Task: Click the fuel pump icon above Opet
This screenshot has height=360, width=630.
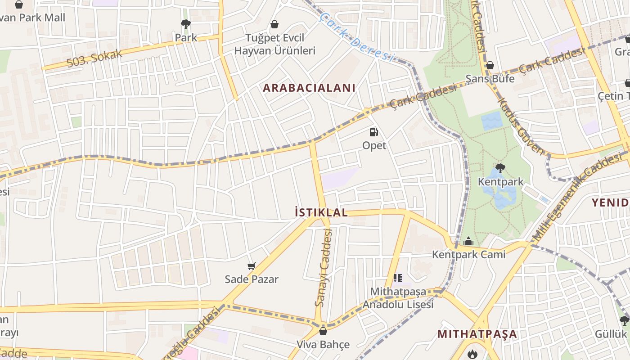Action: [x=373, y=132]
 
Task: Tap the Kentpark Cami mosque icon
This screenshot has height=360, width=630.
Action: [x=468, y=242]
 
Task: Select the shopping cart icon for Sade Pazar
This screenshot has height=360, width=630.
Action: [x=252, y=266]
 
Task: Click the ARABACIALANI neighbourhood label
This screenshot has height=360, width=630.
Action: [x=309, y=88]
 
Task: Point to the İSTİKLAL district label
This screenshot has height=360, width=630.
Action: [x=321, y=212]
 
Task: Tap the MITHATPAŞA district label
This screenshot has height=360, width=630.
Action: [x=477, y=334]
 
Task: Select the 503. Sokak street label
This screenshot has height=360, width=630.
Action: [x=94, y=58]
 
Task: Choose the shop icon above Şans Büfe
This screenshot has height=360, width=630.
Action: [x=490, y=66]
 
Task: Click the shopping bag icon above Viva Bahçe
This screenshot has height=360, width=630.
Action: [x=323, y=332]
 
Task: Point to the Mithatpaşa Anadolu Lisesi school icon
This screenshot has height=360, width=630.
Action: [x=397, y=278]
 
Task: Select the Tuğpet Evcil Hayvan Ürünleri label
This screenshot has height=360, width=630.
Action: [x=274, y=44]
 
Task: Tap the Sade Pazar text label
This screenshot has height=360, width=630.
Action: [x=252, y=279]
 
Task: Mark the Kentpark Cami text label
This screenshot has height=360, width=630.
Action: [x=468, y=255]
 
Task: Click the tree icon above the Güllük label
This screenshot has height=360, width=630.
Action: [x=624, y=321]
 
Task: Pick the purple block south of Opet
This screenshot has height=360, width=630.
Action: [x=340, y=178]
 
